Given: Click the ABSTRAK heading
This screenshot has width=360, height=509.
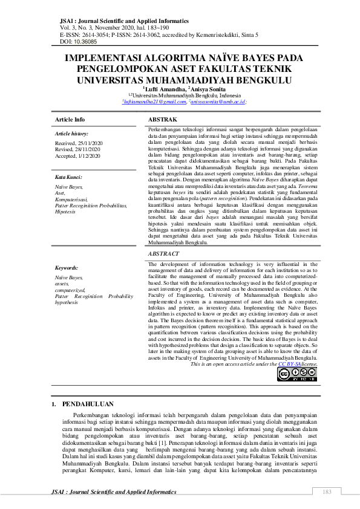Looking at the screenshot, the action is click(162, 120).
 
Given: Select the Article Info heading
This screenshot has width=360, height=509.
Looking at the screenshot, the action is click(70, 120).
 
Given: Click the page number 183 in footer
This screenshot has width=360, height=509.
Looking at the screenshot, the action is click(327, 491).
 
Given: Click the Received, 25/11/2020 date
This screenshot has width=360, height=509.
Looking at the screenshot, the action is click(79, 143).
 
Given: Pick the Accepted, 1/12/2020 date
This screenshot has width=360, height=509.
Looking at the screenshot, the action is click(79, 155).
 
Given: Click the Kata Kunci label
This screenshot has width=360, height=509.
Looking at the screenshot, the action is click(68, 177).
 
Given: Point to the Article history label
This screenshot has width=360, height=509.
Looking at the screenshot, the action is click(71, 133).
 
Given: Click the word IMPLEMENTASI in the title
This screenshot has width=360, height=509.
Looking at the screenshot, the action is click(107, 59).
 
